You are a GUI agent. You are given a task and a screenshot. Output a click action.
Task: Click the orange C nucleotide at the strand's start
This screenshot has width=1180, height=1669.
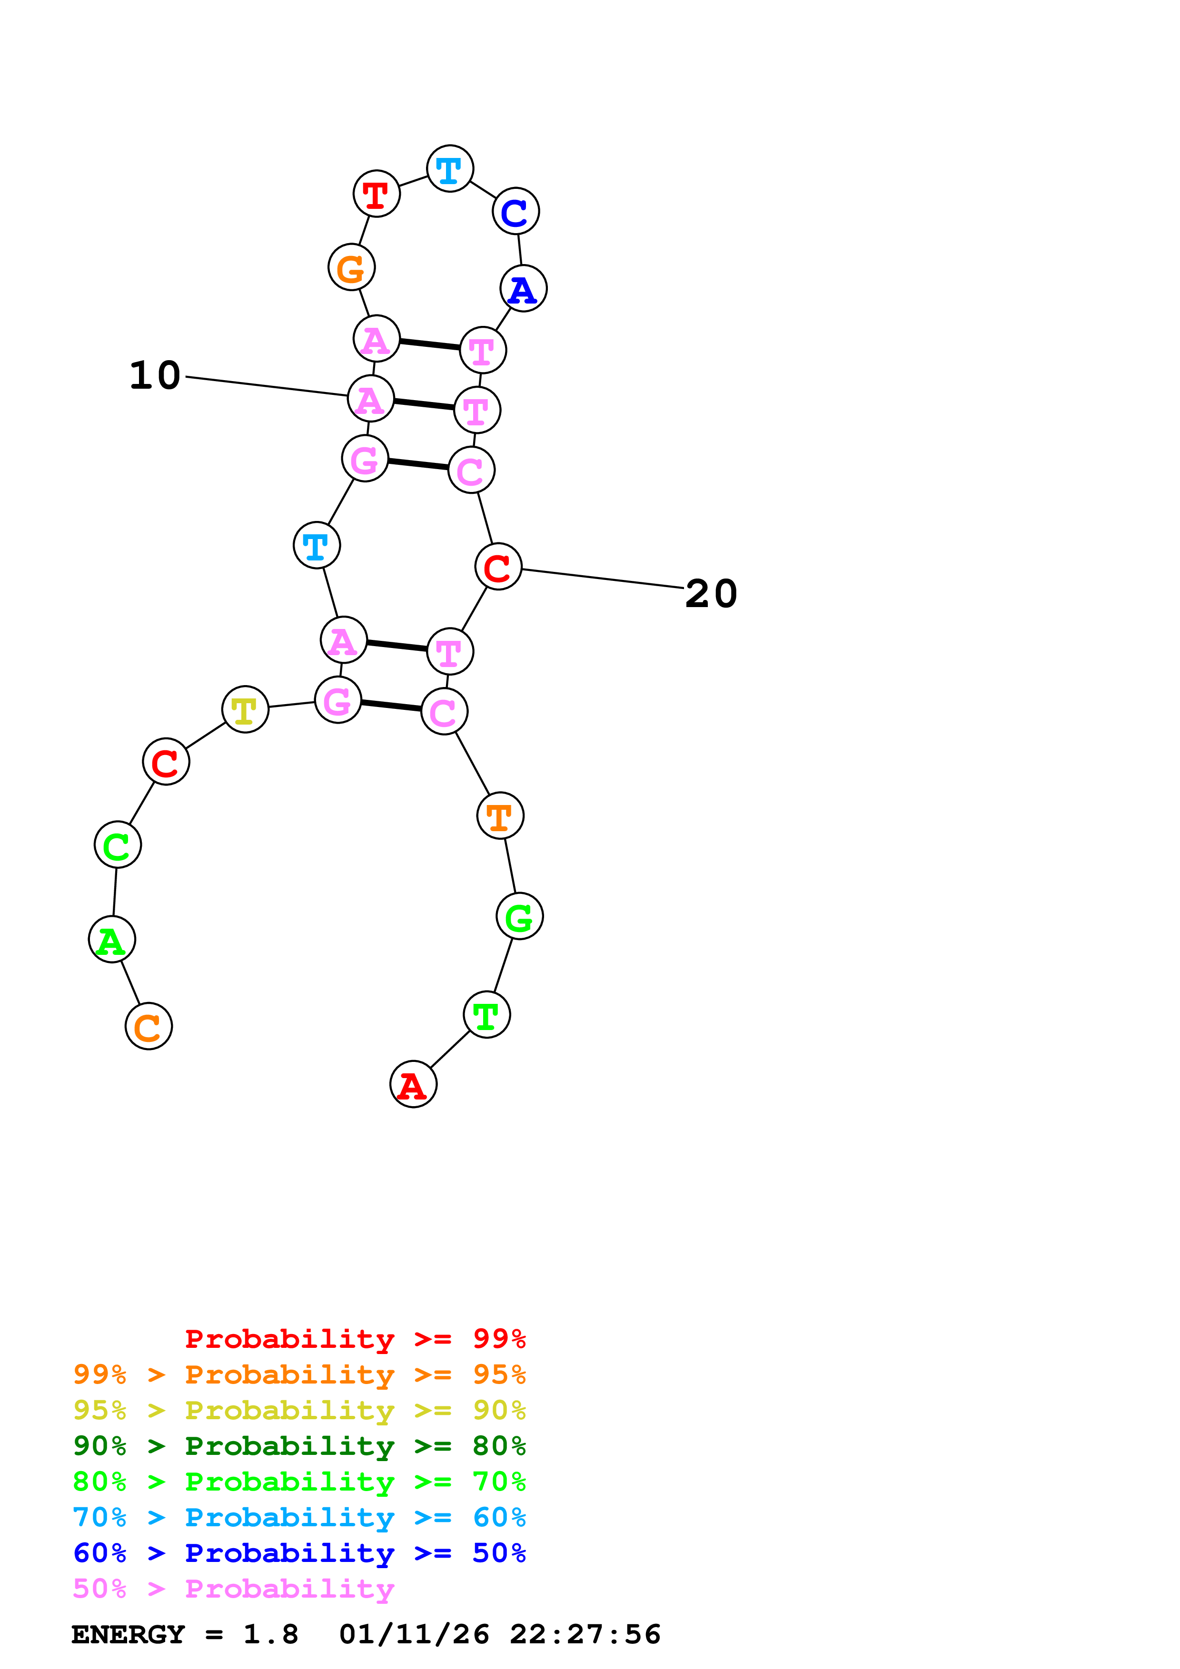pos(149,1026)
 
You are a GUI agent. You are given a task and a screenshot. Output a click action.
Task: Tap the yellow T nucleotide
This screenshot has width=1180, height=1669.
pos(245,709)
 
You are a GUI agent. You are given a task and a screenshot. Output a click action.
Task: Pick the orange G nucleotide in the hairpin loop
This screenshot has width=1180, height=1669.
pos(351,267)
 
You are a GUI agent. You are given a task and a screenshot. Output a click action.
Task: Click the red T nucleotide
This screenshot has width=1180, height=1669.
pos(376,193)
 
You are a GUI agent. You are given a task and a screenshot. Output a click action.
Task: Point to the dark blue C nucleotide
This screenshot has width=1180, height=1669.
pos(516,212)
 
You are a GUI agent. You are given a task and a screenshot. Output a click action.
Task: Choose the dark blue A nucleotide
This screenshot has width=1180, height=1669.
pos(524,289)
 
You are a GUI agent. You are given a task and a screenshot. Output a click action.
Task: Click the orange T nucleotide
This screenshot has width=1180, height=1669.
pos(500,815)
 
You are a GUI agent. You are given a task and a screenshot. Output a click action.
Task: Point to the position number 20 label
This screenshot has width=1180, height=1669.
pos(711,593)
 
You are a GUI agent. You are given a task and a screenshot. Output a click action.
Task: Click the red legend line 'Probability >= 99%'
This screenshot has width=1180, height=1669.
pos(355,1339)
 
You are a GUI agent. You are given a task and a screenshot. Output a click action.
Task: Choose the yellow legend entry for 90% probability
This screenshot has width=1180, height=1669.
pos(299,1410)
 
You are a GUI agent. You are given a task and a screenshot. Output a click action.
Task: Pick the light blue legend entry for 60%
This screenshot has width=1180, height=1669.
pos(299,1517)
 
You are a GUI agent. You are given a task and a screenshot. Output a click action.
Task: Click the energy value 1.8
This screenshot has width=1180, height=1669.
pos(270,1634)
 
